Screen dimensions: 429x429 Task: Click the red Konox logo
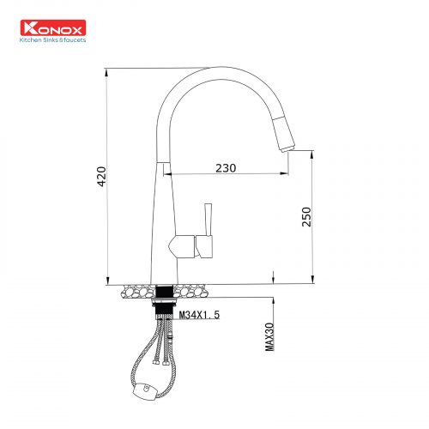(53, 27)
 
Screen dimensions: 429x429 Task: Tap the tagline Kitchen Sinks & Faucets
(52, 40)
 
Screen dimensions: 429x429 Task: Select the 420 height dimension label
(101, 177)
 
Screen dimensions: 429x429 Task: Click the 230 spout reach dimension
(226, 168)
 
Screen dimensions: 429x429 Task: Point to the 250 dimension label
(306, 217)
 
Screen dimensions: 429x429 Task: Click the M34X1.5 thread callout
(199, 315)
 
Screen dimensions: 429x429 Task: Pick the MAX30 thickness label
(269, 337)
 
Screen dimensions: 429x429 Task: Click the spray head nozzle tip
(287, 148)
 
